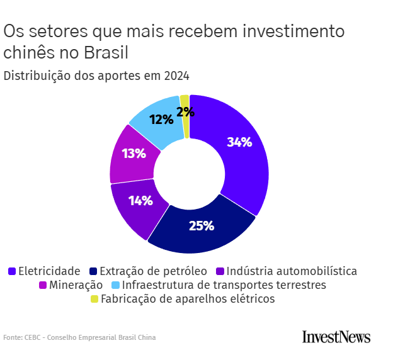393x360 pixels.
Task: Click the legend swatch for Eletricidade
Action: point(12,271)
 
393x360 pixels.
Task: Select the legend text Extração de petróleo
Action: point(154,271)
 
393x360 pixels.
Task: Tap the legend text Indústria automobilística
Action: point(292,271)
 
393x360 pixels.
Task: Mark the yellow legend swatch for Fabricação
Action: point(94,299)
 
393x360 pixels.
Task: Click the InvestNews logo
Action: point(336,337)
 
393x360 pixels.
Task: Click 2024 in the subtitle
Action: point(176,76)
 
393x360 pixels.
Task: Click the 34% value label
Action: point(239,142)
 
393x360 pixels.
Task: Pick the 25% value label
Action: point(202,225)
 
